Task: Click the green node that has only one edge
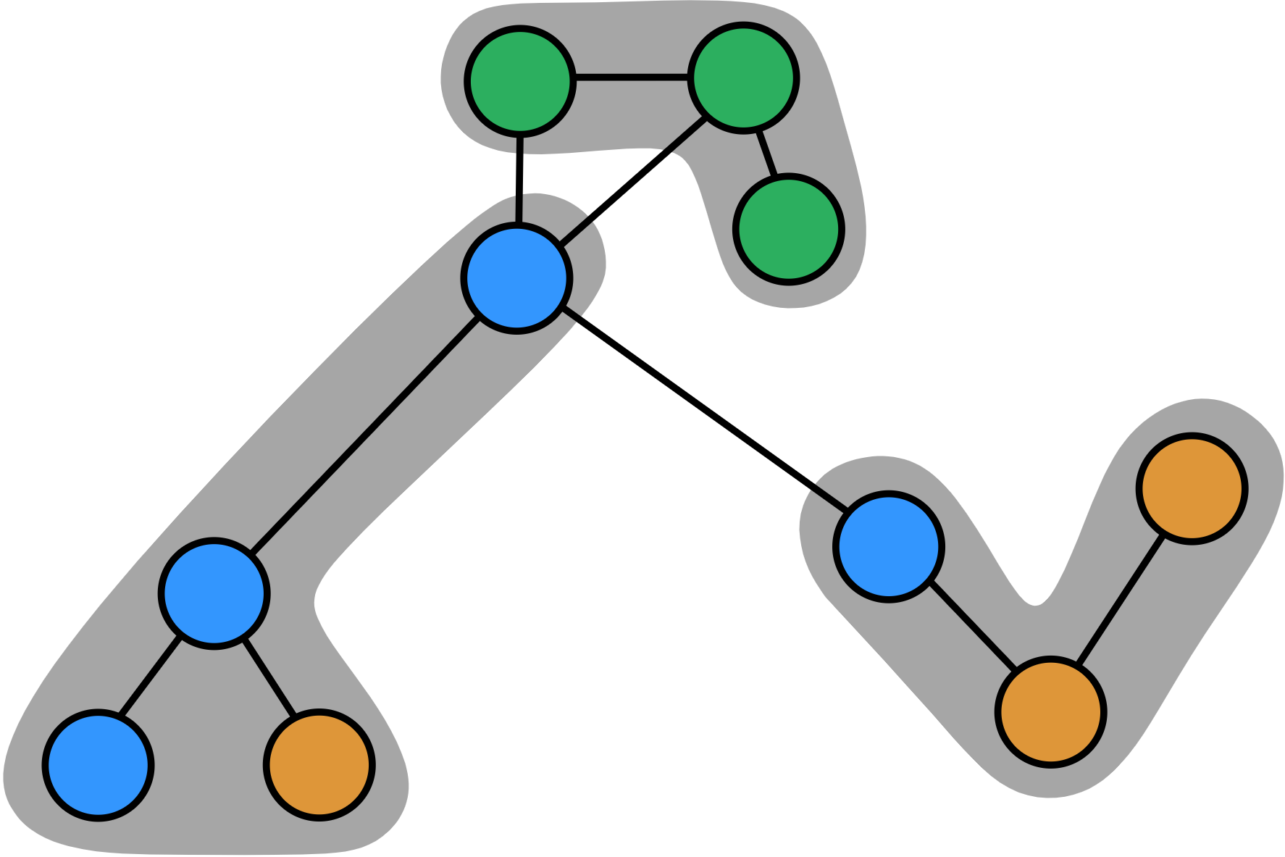(788, 229)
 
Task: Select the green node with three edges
(743, 78)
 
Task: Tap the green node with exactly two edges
(519, 81)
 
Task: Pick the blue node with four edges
(516, 278)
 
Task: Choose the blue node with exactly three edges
(214, 593)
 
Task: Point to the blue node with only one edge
(98, 765)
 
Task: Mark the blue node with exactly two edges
(888, 546)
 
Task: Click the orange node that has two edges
(1050, 711)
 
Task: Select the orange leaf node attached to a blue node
(319, 765)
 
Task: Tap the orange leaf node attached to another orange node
(1192, 488)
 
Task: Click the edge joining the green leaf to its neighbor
(766, 154)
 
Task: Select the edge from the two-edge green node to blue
(519, 179)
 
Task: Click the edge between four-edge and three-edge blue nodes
(365, 435)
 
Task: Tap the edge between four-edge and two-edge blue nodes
(703, 409)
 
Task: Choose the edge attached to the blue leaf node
(150, 677)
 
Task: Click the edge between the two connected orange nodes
(1120, 601)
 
